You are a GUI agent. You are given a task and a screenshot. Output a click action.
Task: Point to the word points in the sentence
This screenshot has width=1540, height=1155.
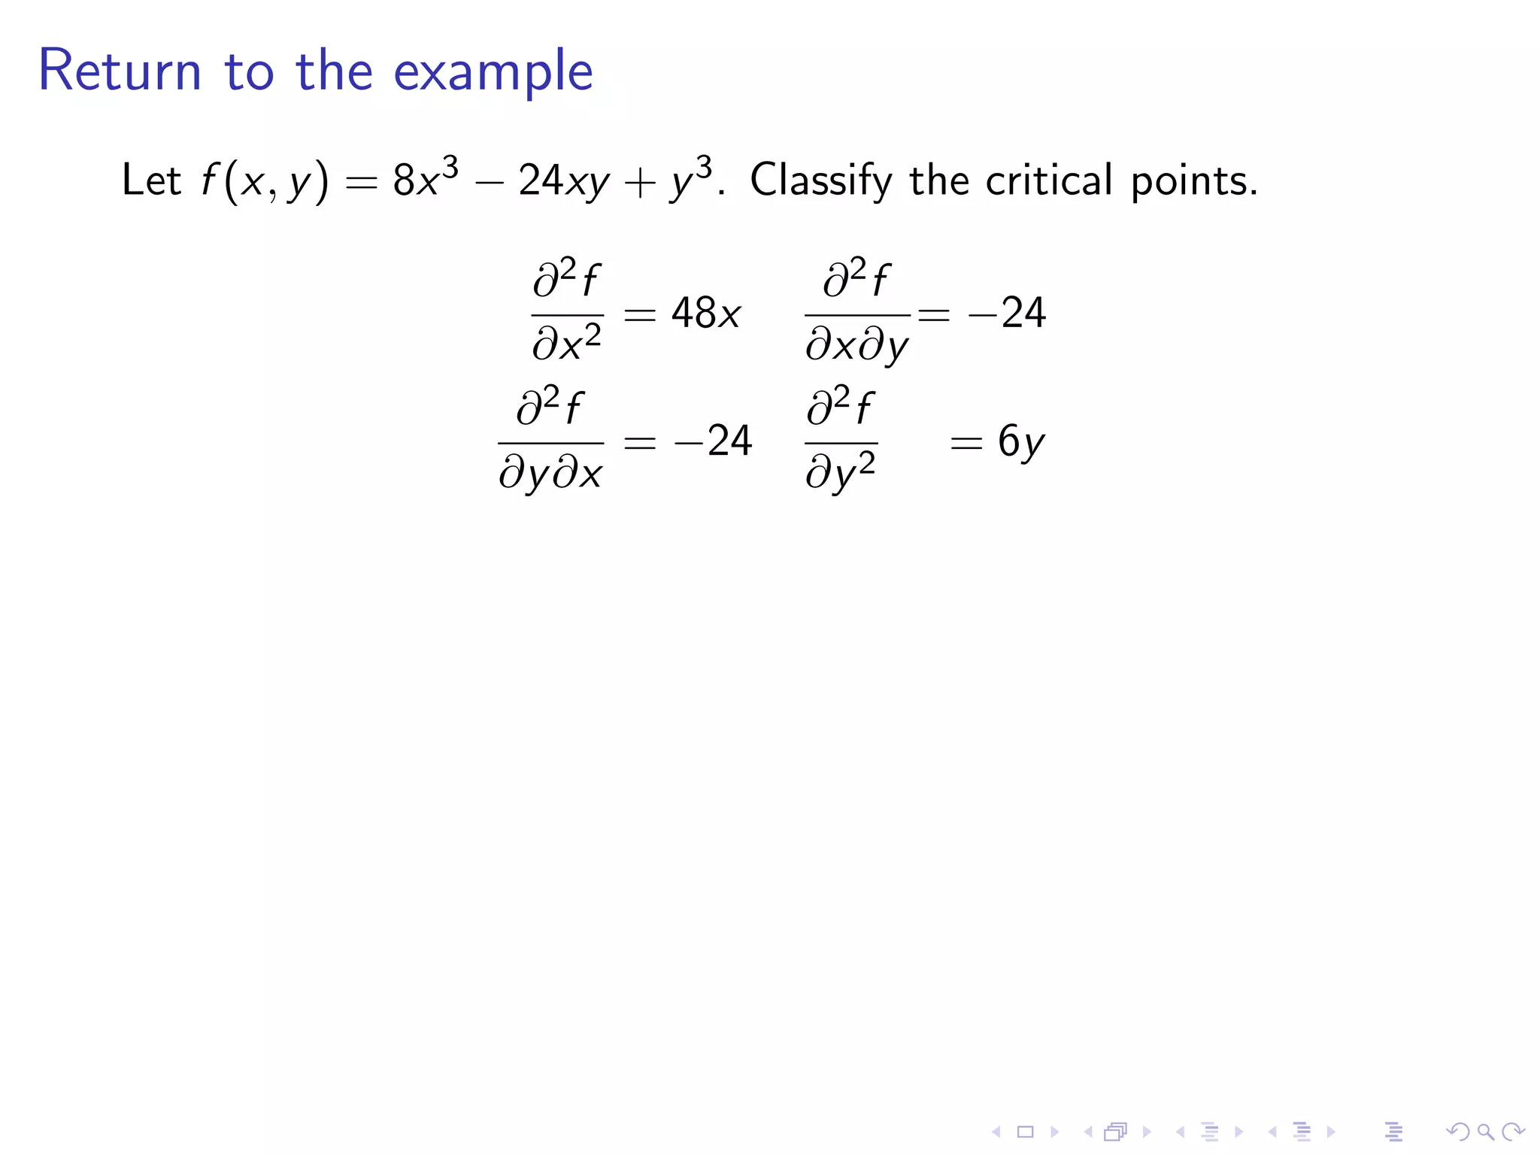point(1193,181)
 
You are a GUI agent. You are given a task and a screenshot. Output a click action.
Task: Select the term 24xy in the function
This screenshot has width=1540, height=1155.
point(563,181)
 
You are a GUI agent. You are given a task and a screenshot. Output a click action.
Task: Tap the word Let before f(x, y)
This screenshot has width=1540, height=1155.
point(151,180)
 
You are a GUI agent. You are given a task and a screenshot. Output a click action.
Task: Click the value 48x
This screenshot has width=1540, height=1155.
point(705,313)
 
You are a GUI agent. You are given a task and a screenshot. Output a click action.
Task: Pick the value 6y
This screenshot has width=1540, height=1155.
point(1020,441)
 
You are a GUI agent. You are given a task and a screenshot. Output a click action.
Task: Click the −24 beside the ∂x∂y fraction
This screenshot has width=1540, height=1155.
point(1007,313)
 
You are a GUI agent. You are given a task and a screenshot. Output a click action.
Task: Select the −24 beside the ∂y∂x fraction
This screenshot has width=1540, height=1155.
point(713,441)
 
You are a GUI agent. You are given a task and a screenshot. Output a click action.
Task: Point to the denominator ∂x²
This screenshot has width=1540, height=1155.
point(567,344)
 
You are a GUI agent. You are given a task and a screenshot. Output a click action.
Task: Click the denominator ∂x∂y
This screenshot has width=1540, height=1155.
point(857,347)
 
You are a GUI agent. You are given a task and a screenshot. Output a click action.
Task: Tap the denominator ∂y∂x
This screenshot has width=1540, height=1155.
point(550,474)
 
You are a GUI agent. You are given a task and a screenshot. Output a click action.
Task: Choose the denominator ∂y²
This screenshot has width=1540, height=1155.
point(841,473)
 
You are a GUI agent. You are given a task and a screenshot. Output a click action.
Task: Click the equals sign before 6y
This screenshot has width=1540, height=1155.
point(966,443)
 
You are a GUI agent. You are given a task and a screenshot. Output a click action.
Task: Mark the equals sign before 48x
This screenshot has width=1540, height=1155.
point(640,314)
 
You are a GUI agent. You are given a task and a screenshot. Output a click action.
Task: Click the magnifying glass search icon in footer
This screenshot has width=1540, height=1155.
point(1485,1131)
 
